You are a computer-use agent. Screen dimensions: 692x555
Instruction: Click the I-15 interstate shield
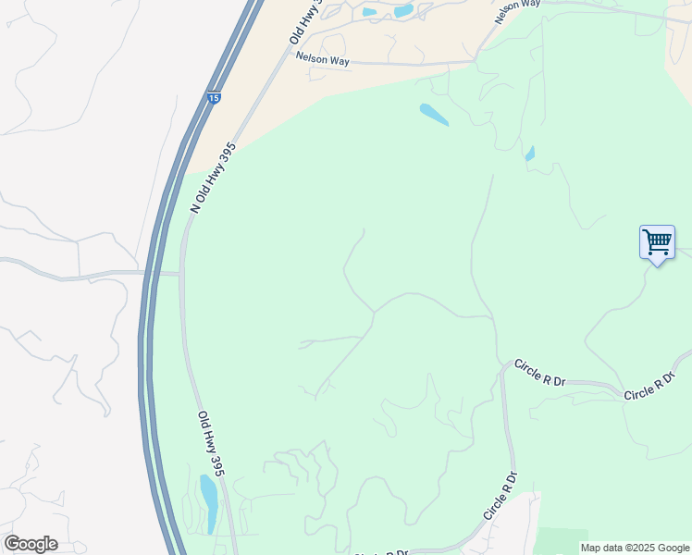(214, 98)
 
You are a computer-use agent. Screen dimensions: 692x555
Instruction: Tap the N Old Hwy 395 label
(213, 179)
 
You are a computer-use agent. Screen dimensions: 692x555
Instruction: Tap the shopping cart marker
(657, 243)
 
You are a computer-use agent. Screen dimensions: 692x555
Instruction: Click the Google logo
(31, 544)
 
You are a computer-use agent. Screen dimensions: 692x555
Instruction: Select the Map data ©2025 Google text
(635, 548)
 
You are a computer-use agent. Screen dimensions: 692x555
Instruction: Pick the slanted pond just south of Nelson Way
(434, 115)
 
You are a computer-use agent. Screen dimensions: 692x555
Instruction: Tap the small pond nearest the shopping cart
(530, 154)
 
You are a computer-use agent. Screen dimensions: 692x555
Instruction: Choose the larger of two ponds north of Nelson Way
(403, 11)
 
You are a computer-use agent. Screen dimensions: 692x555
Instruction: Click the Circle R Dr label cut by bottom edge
(381, 552)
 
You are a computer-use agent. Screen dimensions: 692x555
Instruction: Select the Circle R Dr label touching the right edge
(657, 386)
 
